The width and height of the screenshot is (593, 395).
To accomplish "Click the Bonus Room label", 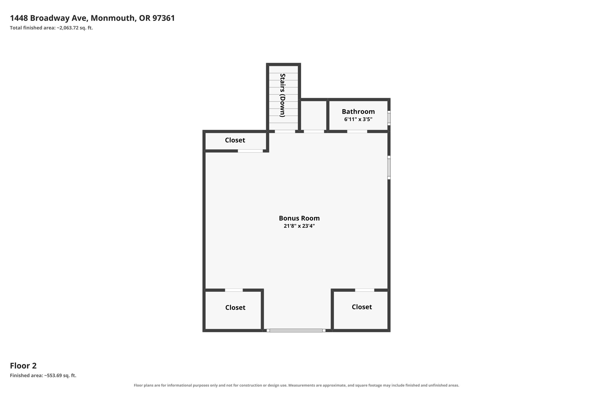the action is pyautogui.click(x=299, y=218).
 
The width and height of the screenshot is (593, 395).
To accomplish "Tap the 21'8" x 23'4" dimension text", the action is pyautogui.click(x=299, y=226).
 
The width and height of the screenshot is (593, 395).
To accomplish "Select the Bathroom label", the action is pyautogui.click(x=358, y=111).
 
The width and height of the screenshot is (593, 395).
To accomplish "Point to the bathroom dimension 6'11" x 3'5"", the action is pyautogui.click(x=358, y=119).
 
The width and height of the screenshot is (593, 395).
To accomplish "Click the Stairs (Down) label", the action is pyautogui.click(x=283, y=95).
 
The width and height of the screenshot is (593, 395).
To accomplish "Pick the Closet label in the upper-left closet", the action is pyautogui.click(x=235, y=140).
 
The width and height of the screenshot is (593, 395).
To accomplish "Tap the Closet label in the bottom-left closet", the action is pyautogui.click(x=235, y=308).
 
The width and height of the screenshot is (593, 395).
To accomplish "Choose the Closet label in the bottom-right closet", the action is pyautogui.click(x=362, y=307).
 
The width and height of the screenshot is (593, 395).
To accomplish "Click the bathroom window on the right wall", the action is pyautogui.click(x=389, y=118).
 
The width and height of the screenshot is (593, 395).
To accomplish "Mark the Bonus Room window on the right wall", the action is pyautogui.click(x=389, y=168).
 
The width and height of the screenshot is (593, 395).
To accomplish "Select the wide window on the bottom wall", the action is pyautogui.click(x=296, y=330).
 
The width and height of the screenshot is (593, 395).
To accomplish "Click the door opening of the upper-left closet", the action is pyautogui.click(x=250, y=151).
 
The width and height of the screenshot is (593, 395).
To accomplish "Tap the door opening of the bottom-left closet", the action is pyautogui.click(x=234, y=290).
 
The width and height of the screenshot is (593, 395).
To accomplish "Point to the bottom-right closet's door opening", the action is pyautogui.click(x=365, y=290).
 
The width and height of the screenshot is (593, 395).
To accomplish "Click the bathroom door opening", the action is pyautogui.click(x=357, y=131).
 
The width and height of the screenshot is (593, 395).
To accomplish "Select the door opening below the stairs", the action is pyautogui.click(x=285, y=131).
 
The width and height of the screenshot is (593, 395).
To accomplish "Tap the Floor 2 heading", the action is pyautogui.click(x=23, y=366).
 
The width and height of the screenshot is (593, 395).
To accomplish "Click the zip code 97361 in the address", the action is pyautogui.click(x=164, y=18).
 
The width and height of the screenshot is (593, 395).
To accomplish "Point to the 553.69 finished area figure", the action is pyautogui.click(x=53, y=376).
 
